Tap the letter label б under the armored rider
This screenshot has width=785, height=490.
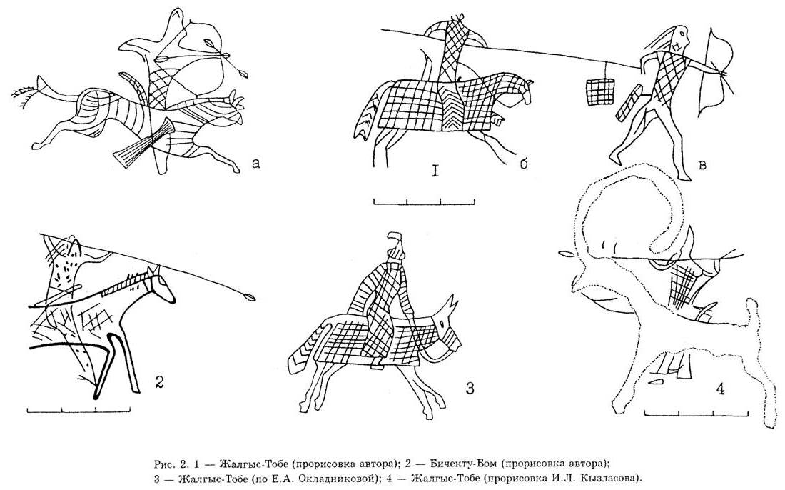tap(523, 164)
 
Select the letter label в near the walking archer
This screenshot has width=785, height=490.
tap(702, 164)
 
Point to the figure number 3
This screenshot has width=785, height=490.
tap(470, 388)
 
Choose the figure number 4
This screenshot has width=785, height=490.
tap(720, 389)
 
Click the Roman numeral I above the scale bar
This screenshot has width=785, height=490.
tap(435, 172)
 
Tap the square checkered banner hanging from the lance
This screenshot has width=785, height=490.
tap(599, 91)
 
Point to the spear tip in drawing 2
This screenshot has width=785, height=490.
tap(248, 298)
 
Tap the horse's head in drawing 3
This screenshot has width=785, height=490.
tap(447, 328)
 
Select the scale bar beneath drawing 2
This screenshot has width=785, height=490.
tap(78, 409)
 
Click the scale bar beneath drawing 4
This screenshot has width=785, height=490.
tap(697, 413)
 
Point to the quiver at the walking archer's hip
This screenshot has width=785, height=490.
tap(629, 103)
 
